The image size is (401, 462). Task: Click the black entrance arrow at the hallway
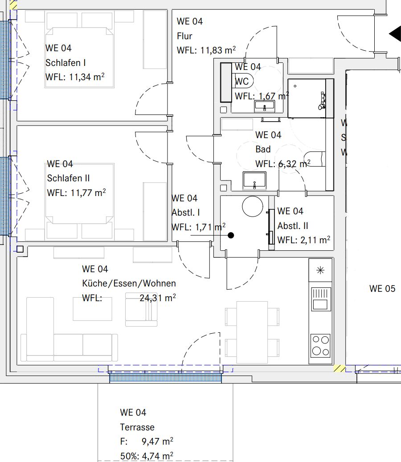tap(395, 34)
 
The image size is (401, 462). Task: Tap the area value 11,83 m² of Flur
tap(218, 50)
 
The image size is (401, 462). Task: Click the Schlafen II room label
tap(68, 178)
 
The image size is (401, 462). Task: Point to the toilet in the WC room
tap(245, 81)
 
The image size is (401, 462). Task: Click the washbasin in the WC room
tap(265, 106)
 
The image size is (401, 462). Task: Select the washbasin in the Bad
tap(254, 180)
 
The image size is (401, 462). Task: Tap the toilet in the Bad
tap(314, 159)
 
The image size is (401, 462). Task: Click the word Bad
tap(263, 149)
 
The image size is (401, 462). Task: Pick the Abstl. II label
tap(292, 226)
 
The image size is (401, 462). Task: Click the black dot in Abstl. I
tap(231, 235)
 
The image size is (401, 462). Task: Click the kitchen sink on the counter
tap(321, 298)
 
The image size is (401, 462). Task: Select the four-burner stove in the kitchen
tap(321, 345)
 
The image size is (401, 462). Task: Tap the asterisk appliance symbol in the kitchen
tap(320, 270)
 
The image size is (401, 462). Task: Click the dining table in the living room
tap(252, 332)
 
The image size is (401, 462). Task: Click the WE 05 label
tap(382, 289)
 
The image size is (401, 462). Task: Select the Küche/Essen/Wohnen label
tap(129, 283)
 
